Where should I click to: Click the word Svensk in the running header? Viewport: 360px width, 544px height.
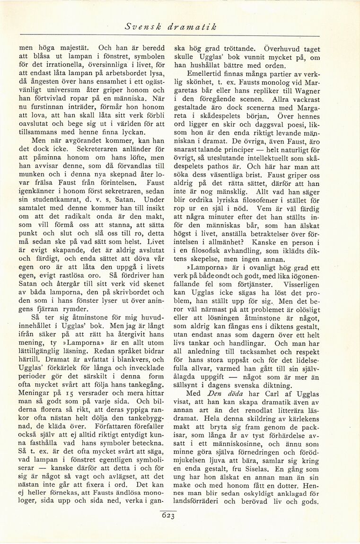click(x=141, y=27)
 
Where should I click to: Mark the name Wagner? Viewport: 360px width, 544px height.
click(x=306, y=91)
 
